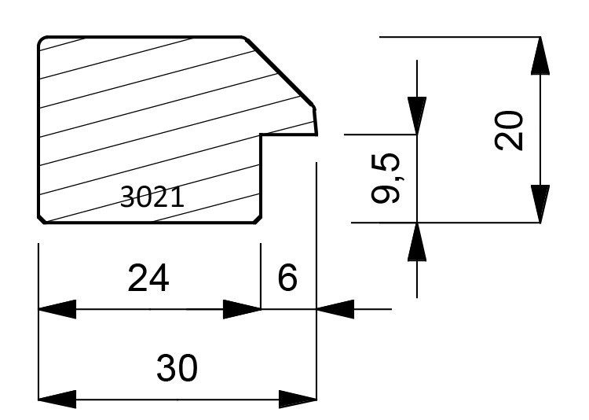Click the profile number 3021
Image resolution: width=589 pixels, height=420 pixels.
[x=152, y=197]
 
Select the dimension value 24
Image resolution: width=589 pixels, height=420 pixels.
[x=148, y=278]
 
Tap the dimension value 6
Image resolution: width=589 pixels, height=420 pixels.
[x=287, y=277]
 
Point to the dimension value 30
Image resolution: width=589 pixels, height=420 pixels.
[x=177, y=367]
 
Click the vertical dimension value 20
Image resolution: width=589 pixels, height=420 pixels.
[x=509, y=131]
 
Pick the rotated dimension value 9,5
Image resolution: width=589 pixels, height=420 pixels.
[x=386, y=178]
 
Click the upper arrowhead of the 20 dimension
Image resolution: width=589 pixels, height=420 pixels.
[x=540, y=56]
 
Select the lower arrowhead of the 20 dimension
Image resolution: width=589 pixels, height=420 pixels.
[x=540, y=204]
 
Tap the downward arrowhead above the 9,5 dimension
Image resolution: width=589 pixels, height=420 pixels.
[x=417, y=116]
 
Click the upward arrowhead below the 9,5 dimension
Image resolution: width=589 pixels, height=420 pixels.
[x=417, y=241]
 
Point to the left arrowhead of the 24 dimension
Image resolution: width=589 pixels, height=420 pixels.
[x=57, y=309]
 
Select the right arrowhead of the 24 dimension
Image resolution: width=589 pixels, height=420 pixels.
[x=242, y=309]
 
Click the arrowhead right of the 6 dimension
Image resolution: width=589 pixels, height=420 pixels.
[x=335, y=309]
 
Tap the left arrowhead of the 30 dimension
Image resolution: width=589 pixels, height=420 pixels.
[x=57, y=400]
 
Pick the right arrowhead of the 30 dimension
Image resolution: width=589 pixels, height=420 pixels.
[x=298, y=400]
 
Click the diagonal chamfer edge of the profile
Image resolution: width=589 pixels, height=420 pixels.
[x=280, y=72]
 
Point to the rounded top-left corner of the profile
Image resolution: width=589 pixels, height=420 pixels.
[x=41, y=40]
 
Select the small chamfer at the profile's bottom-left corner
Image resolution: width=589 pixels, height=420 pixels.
[x=42, y=220]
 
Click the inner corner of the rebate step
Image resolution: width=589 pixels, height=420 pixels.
[x=261, y=134]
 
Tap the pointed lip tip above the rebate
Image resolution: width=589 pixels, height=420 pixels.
[x=316, y=134]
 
